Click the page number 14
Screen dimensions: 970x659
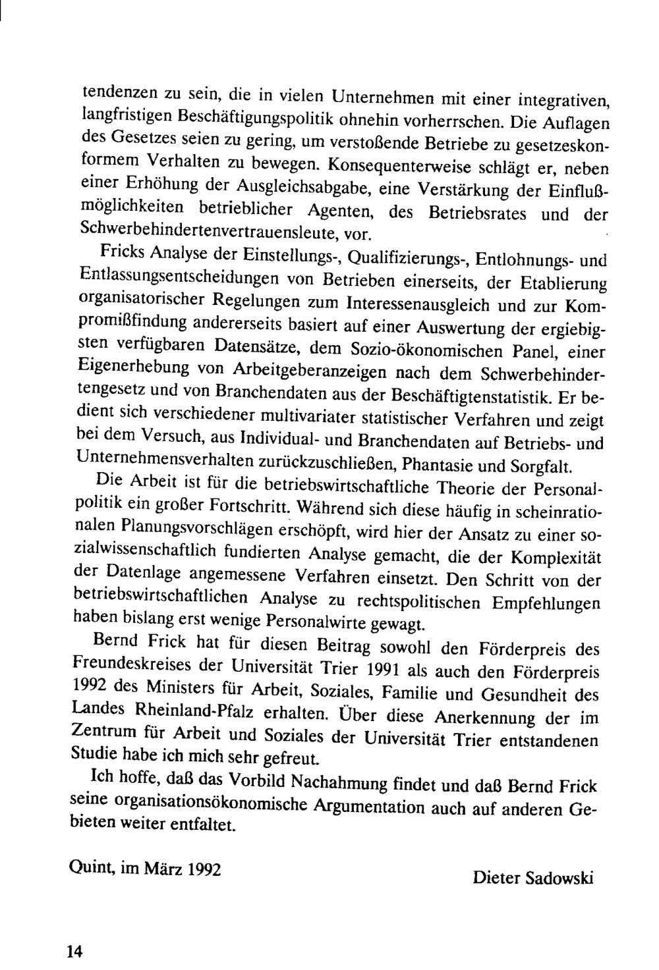[73, 950]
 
